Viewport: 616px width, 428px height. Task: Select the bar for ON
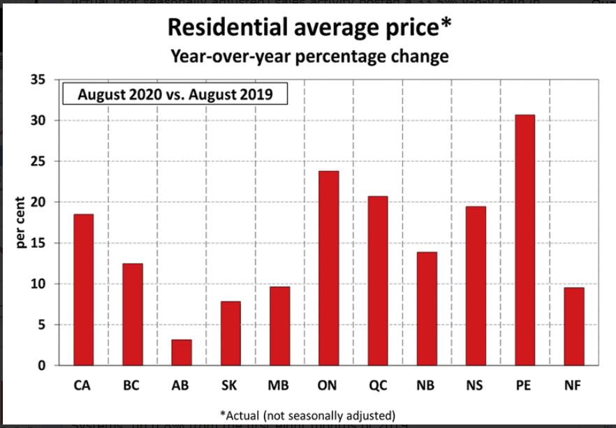tap(328, 268)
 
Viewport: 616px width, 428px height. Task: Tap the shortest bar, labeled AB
tap(181, 353)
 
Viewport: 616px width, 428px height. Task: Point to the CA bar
tap(83, 290)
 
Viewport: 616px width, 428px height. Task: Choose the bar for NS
tap(476, 286)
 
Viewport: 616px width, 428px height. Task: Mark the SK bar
tap(230, 333)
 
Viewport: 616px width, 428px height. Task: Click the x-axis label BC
tap(132, 385)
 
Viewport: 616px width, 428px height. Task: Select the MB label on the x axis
tap(279, 385)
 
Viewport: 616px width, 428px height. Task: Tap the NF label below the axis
tap(574, 385)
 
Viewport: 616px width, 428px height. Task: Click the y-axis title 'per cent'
tap(20, 223)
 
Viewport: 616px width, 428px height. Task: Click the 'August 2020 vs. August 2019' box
tap(175, 94)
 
